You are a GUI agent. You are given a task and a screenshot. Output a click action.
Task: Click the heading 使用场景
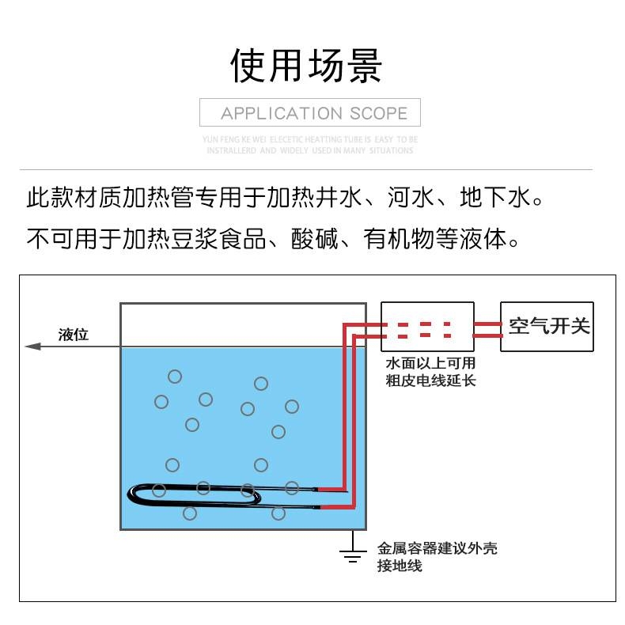(x=306, y=65)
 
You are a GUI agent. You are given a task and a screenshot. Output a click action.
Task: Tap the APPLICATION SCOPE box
(x=309, y=112)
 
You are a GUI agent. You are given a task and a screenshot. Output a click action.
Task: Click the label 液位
(x=74, y=335)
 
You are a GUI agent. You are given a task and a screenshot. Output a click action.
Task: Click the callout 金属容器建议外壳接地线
(x=436, y=556)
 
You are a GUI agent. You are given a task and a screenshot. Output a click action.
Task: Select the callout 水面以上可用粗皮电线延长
(x=430, y=372)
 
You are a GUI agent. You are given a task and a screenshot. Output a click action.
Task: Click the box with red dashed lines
(x=427, y=327)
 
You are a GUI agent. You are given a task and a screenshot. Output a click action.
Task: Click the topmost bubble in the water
(x=175, y=377)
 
